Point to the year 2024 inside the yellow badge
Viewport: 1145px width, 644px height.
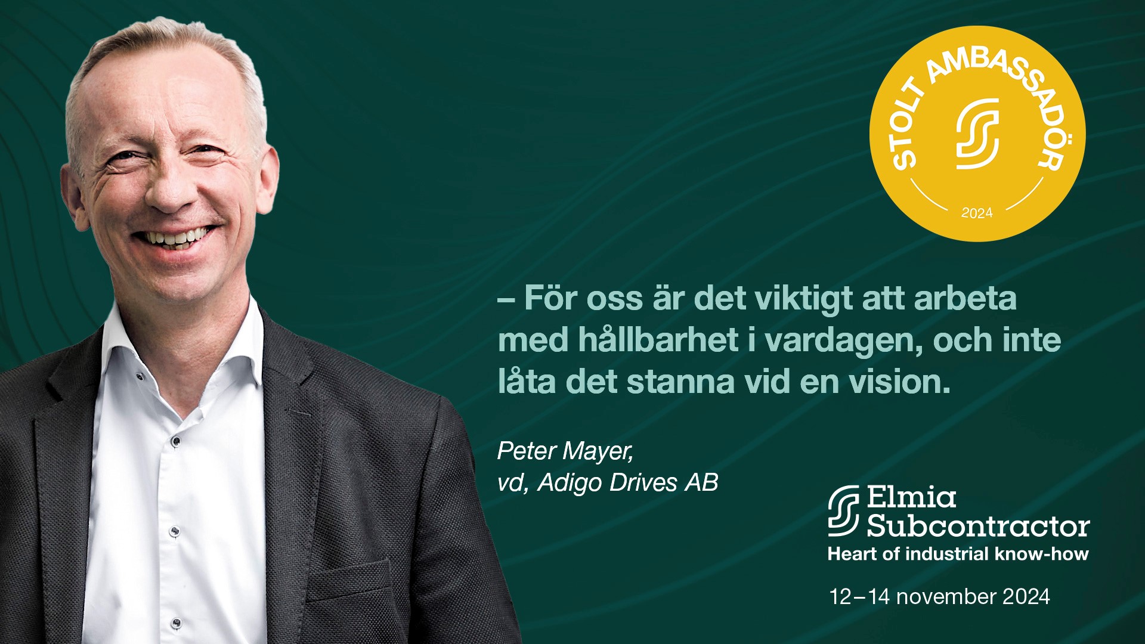(977, 213)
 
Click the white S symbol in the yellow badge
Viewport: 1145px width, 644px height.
(977, 134)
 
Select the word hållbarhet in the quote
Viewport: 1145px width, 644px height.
(658, 340)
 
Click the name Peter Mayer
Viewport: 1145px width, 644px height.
(565, 451)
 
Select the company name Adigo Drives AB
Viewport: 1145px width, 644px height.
(628, 483)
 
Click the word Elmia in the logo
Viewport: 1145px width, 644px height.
(911, 497)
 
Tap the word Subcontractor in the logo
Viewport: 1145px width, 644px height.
(978, 526)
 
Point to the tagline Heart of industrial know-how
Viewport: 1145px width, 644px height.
(958, 554)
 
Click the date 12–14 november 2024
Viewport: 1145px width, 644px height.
(939, 596)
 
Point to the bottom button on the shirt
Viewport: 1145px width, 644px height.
(177, 623)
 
